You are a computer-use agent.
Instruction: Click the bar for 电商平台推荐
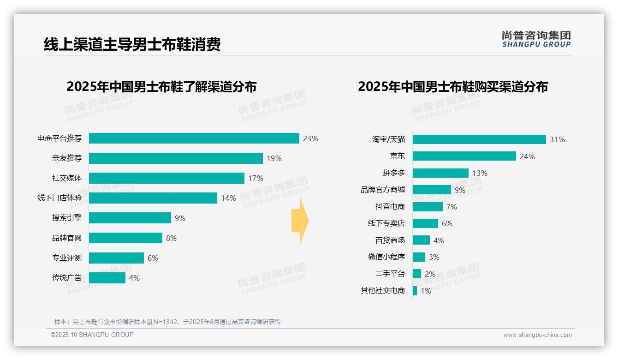[x=194, y=138]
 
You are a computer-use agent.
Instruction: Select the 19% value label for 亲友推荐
[x=274, y=158]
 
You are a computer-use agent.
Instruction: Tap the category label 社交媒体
[x=66, y=178]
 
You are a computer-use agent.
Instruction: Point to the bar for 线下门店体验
[x=153, y=198]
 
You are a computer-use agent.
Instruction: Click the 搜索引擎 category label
[x=66, y=218]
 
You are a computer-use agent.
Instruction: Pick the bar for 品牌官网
[x=125, y=238]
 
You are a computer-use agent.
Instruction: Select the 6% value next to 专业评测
[x=153, y=258]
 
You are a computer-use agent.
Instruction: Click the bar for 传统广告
[x=107, y=278]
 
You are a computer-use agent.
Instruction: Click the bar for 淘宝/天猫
[x=479, y=139]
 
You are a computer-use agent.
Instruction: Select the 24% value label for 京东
[x=527, y=156]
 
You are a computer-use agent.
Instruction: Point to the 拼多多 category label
[x=393, y=173]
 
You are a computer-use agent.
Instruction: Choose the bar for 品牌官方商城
[x=432, y=190]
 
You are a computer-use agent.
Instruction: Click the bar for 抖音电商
[x=428, y=207]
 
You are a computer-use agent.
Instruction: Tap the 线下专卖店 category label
[x=386, y=223]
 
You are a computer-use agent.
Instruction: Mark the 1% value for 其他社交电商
[x=425, y=291]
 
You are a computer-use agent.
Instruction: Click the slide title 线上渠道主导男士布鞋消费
[x=132, y=44]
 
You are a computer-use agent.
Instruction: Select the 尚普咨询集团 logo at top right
[x=536, y=39]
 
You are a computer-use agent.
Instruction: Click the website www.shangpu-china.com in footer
[x=537, y=335]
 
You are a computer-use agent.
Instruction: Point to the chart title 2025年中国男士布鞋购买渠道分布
[x=452, y=87]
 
